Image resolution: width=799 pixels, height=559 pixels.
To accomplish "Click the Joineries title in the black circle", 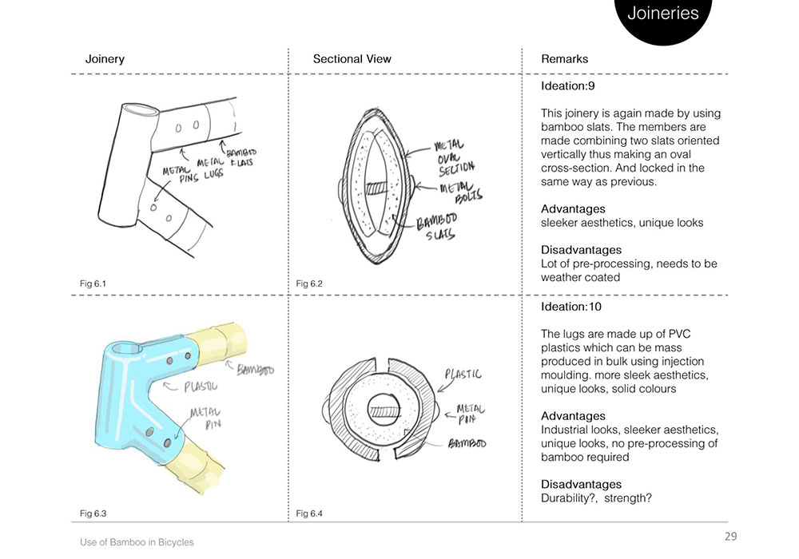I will [x=662, y=14].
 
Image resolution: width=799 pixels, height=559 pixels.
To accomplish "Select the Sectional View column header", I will [x=352, y=59].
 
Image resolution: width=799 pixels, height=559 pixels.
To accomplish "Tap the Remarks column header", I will [x=564, y=59].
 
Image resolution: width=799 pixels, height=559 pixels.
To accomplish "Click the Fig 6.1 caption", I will [x=93, y=283].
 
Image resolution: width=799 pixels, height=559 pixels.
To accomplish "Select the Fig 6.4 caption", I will [x=308, y=512].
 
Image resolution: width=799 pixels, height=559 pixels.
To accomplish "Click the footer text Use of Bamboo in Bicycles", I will [x=137, y=542].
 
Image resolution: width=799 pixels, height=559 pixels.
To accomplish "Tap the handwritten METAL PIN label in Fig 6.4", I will [x=469, y=413].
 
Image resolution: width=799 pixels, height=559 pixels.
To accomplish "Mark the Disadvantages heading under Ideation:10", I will [x=580, y=485].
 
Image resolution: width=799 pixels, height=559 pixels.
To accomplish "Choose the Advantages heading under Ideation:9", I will [x=572, y=209].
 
